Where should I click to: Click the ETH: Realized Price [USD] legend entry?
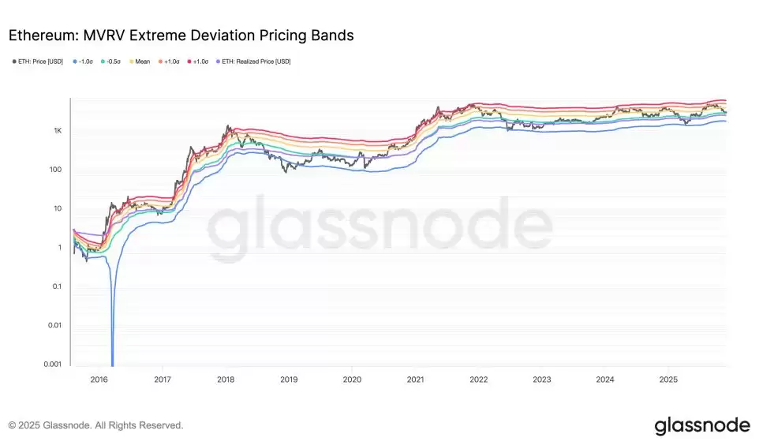click(x=255, y=61)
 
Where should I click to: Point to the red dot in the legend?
click(x=189, y=61)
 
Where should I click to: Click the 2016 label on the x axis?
click(x=99, y=379)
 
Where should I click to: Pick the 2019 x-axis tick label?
click(x=289, y=379)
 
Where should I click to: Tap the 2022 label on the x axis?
click(x=478, y=379)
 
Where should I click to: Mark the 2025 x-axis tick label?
click(x=668, y=379)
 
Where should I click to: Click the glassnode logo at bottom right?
click(x=701, y=426)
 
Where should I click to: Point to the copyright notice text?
click(x=95, y=425)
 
